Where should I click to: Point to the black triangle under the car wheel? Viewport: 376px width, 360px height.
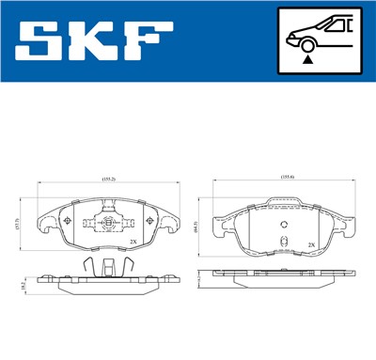point(307,58)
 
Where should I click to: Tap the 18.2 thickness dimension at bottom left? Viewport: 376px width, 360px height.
point(22,283)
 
